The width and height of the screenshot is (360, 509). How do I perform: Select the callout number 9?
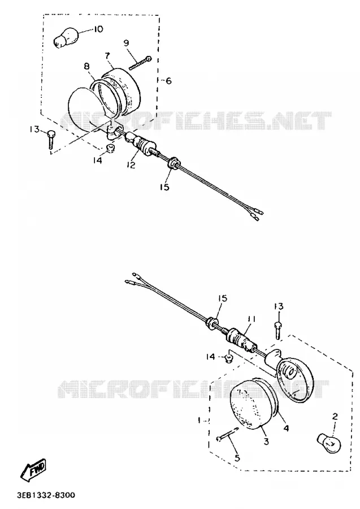(126, 43)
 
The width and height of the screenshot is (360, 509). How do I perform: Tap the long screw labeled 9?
(140, 63)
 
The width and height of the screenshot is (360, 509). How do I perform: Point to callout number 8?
(86, 67)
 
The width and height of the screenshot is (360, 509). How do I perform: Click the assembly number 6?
(168, 80)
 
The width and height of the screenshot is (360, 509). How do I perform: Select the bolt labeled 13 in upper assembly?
(51, 139)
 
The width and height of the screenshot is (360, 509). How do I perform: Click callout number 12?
(131, 165)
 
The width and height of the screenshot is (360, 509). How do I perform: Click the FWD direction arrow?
(33, 469)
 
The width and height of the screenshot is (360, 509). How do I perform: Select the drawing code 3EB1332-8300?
(46, 495)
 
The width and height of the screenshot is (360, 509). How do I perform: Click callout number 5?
(237, 458)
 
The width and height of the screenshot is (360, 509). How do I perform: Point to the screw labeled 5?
(227, 434)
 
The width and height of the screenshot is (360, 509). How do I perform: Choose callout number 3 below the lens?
(266, 442)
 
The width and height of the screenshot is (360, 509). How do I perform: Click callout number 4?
(286, 428)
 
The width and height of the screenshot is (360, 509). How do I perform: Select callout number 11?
(252, 320)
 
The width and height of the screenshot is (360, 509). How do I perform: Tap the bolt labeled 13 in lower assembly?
(278, 330)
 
